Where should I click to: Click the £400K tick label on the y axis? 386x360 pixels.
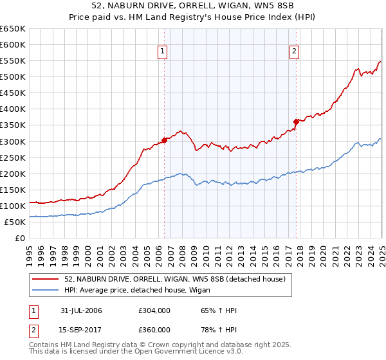[12, 109]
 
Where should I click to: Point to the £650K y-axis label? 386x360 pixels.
[12, 29]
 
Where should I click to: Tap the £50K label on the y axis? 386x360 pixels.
[15, 222]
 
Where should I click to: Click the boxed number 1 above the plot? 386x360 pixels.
[163, 53]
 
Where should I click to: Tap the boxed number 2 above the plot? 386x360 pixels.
[295, 53]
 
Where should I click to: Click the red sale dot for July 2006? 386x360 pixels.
[165, 139]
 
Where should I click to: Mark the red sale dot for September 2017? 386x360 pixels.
[296, 122]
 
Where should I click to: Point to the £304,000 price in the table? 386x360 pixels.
[154, 310]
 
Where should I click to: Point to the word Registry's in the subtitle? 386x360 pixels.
[223, 18]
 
